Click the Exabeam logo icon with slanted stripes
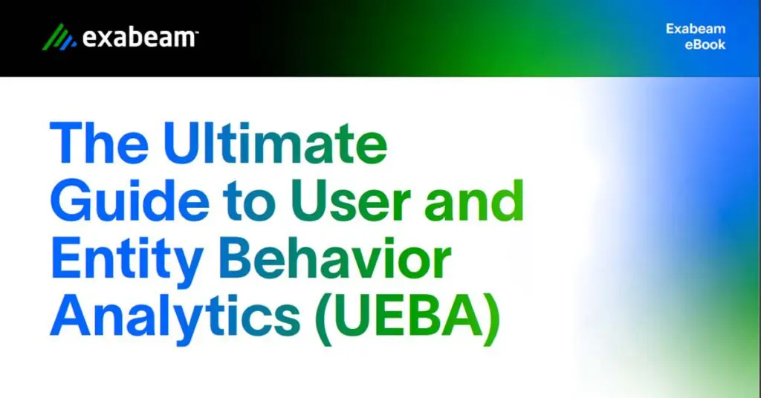59,36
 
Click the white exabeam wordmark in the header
138,37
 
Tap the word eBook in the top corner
706,45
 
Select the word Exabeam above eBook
696,29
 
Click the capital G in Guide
72,202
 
